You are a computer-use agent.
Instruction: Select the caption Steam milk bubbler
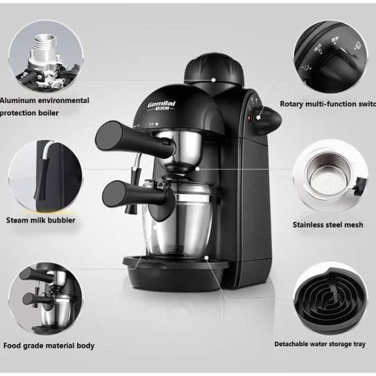click(x=41, y=219)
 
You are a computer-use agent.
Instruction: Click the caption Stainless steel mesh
click(x=328, y=225)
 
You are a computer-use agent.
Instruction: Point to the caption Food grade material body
click(x=49, y=346)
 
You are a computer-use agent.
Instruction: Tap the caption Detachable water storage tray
click(x=320, y=344)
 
